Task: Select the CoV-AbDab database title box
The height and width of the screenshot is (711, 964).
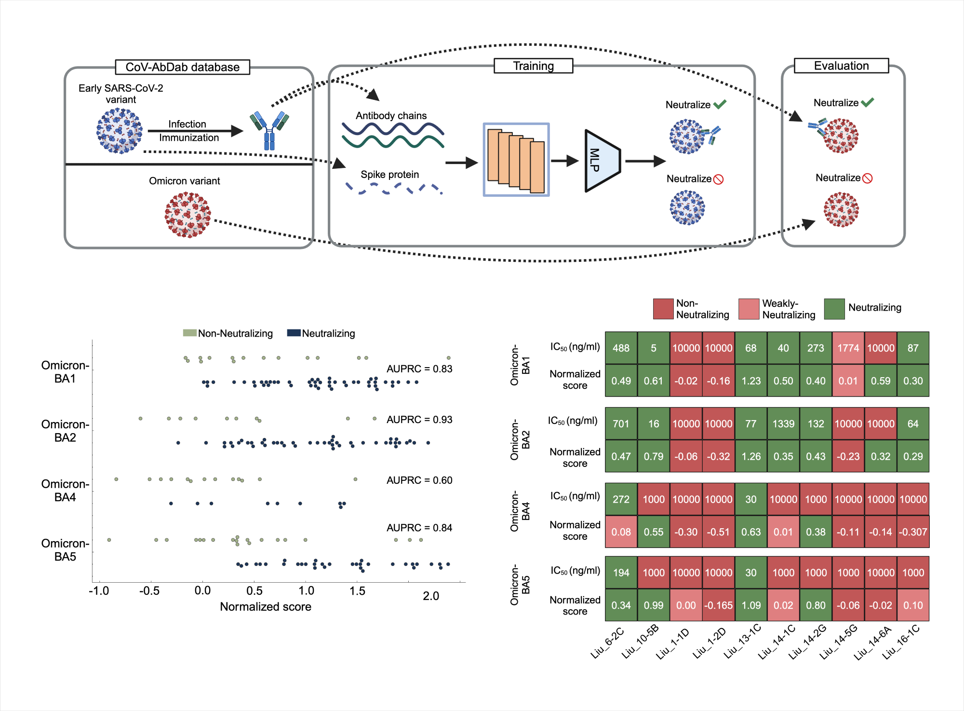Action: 182,67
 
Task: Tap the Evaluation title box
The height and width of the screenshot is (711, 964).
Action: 841,66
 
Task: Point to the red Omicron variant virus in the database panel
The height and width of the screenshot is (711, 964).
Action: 187,215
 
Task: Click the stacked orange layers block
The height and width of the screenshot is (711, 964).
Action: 516,160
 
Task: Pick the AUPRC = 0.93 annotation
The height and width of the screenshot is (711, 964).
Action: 419,420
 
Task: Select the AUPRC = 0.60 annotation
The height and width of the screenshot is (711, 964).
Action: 419,480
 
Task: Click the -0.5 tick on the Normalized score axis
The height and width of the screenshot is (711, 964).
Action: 149,591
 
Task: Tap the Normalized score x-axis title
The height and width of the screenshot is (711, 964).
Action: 266,607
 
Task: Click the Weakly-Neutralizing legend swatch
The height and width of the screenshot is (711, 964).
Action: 749,309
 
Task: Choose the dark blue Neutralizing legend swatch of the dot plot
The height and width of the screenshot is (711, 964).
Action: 294,333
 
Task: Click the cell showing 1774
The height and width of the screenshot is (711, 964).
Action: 848,348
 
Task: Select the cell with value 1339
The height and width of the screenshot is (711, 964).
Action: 783,424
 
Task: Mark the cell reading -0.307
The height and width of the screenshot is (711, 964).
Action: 913,532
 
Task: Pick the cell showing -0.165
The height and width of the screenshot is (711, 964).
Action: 719,605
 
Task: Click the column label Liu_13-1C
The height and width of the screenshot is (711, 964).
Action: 742,642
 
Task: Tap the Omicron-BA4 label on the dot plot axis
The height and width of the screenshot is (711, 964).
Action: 65,491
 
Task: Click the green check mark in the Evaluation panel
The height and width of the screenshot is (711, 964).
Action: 868,102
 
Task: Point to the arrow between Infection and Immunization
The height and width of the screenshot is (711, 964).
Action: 195,131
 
